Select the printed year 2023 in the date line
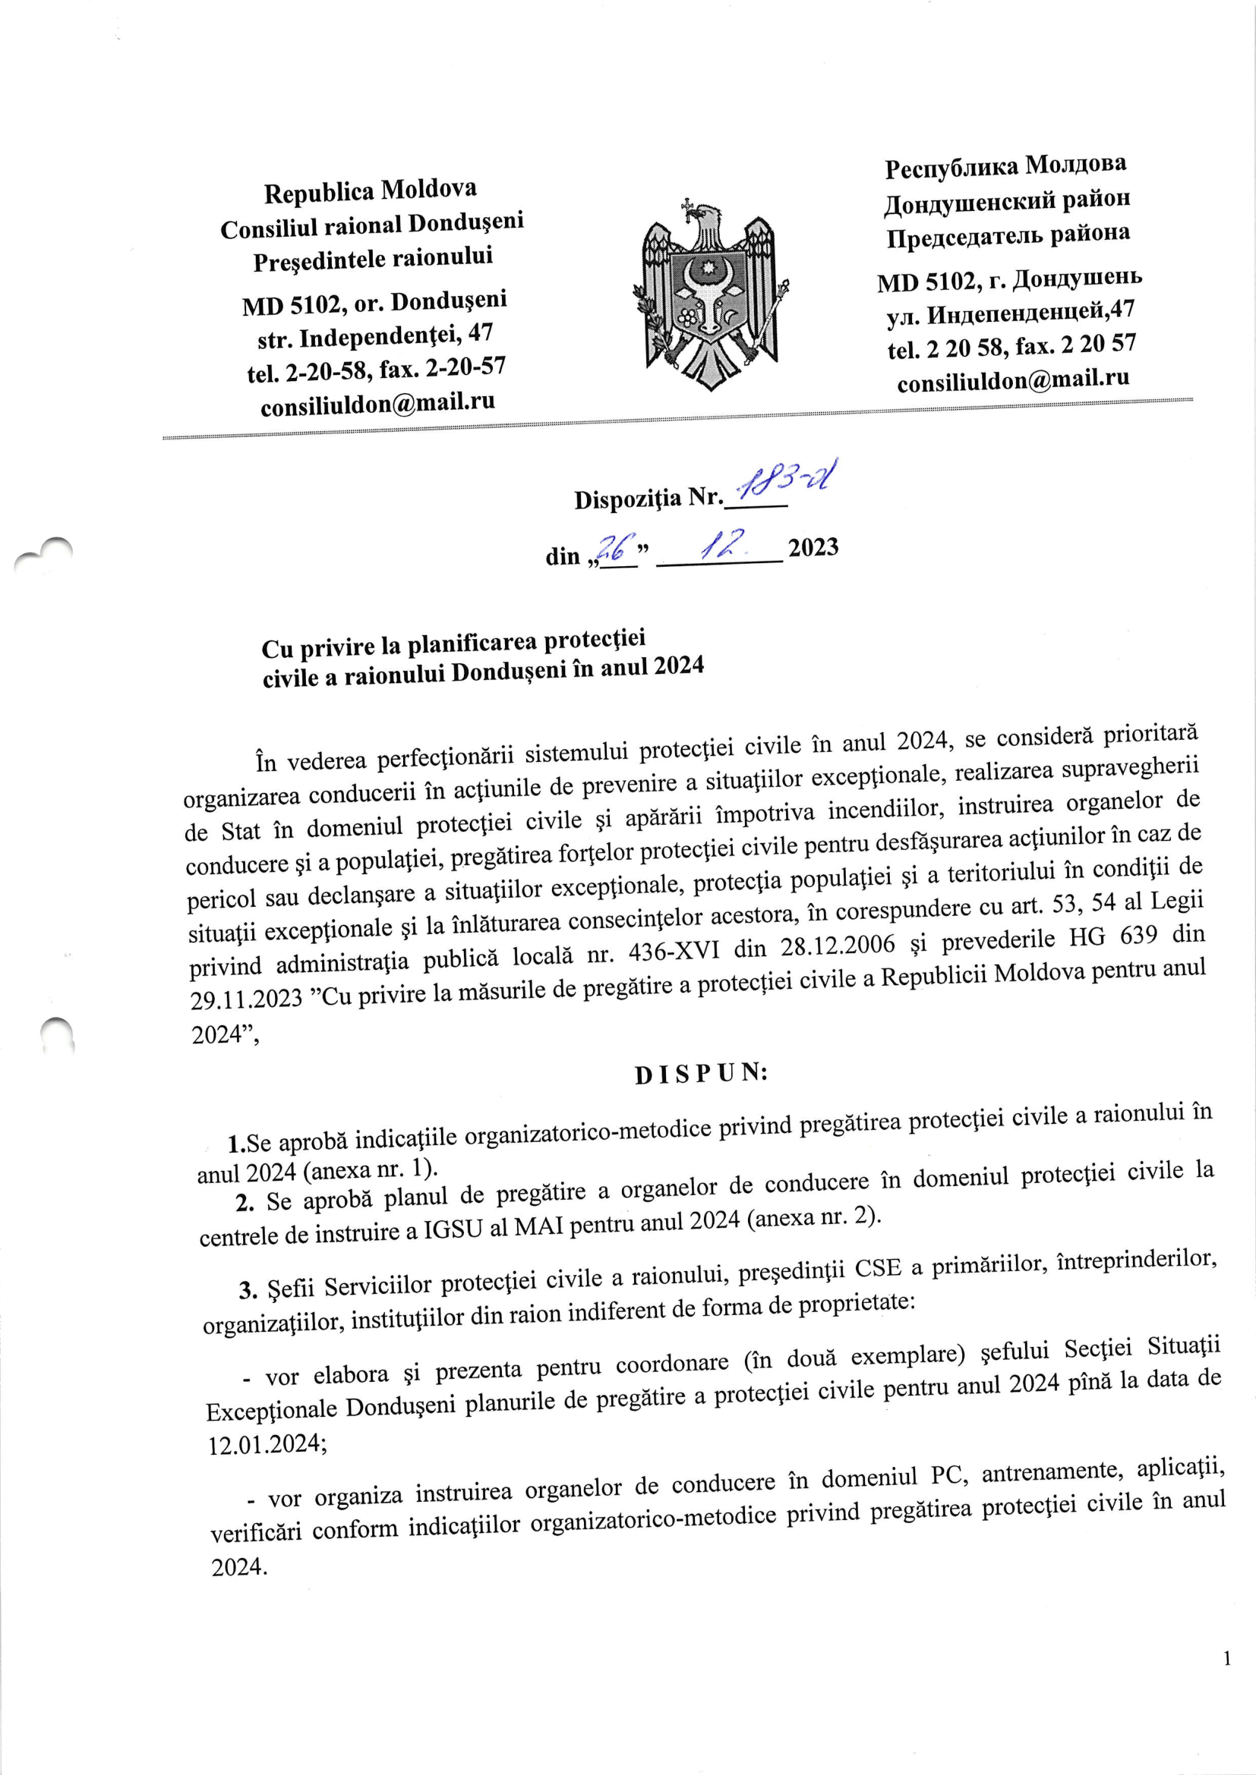coord(813,547)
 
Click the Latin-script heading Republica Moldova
coord(371,191)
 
